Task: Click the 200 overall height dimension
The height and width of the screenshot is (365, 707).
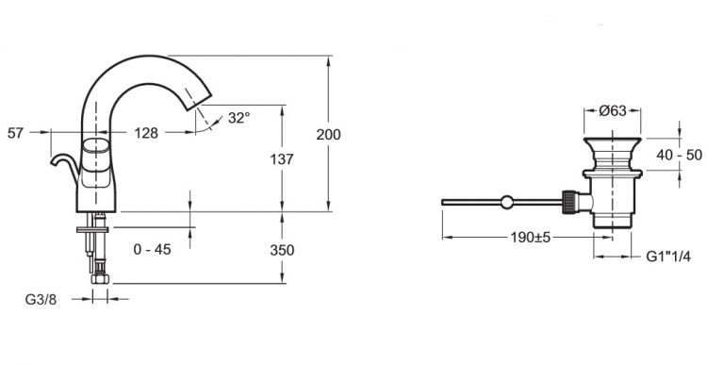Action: tap(328, 135)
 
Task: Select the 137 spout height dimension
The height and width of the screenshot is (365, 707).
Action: tap(282, 158)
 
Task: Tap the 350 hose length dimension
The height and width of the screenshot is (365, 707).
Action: tap(282, 250)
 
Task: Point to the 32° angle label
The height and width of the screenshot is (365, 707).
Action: tap(238, 118)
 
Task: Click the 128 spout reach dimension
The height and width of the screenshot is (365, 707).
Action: tap(146, 133)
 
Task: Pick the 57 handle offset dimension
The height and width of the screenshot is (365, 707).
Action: tap(15, 133)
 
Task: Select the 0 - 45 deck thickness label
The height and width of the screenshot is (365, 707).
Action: tap(153, 249)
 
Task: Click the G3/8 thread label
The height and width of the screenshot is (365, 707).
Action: tap(41, 300)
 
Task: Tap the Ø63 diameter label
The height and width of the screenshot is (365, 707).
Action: tap(613, 110)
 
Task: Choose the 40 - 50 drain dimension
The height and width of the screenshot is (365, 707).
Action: tap(679, 155)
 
